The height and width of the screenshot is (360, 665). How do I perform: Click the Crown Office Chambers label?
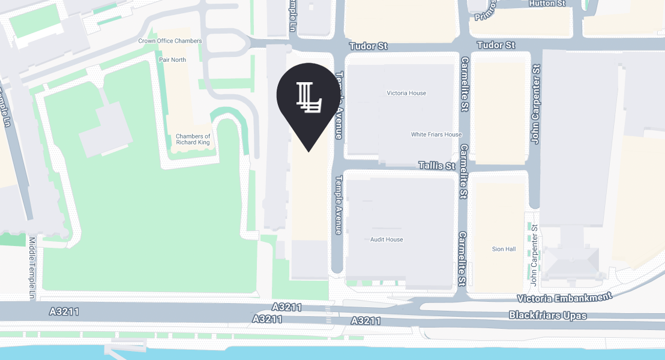point(170,41)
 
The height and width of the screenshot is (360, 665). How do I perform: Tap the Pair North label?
point(172,60)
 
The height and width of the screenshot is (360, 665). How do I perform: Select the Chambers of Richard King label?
point(193,140)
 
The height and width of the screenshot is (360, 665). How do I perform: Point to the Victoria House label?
point(406,93)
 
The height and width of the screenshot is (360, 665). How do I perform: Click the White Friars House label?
point(436,134)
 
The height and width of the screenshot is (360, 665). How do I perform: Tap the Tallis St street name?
point(437,166)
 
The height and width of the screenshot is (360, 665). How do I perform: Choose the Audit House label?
point(387,239)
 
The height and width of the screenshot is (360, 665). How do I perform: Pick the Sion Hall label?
point(503,249)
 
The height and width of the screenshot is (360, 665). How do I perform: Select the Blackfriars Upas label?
point(547,314)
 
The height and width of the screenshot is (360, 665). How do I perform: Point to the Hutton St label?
point(547,3)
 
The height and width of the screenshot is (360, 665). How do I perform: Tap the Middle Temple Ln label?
point(32,268)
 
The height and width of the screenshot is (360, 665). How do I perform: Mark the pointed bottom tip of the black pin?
point(308,151)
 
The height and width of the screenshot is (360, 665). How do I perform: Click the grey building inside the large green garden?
point(106,128)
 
